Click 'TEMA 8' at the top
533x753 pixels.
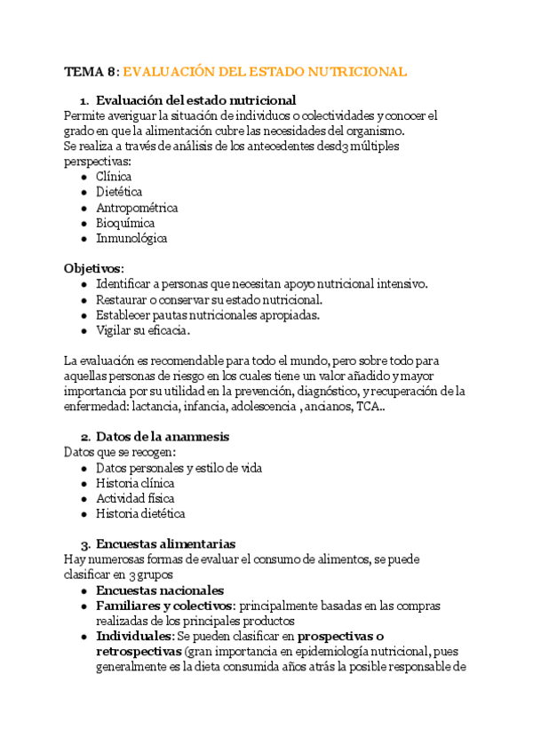90,72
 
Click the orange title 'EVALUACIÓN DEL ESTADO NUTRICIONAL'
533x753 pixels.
264,72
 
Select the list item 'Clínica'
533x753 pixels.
114,176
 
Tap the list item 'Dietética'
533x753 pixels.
119,192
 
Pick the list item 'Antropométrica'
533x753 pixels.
137,208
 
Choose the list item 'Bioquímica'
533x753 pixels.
125,223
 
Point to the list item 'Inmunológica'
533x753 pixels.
131,238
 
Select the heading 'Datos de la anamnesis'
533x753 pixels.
163,437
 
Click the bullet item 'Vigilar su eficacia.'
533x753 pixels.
143,330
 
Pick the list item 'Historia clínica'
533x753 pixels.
135,483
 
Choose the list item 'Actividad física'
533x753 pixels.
135,498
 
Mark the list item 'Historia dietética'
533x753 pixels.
140,513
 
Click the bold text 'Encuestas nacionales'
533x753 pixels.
160,591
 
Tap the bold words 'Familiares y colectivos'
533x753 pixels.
164,606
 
